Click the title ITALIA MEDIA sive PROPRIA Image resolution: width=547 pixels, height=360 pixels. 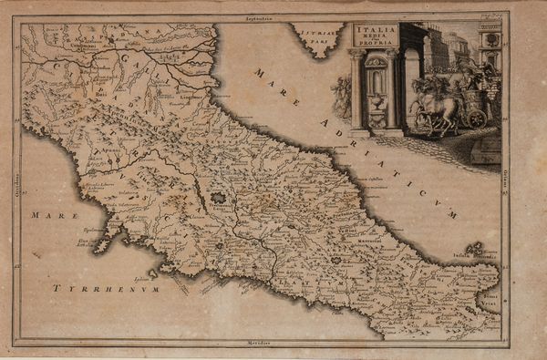click(376, 36)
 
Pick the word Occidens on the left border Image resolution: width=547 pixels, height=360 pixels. click(17, 177)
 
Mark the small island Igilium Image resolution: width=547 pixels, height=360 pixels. click(151, 272)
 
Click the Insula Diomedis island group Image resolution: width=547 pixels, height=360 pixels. click(473, 248)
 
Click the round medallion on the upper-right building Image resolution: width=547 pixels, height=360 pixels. click(492, 41)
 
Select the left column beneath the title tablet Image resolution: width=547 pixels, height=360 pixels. click(356, 91)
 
